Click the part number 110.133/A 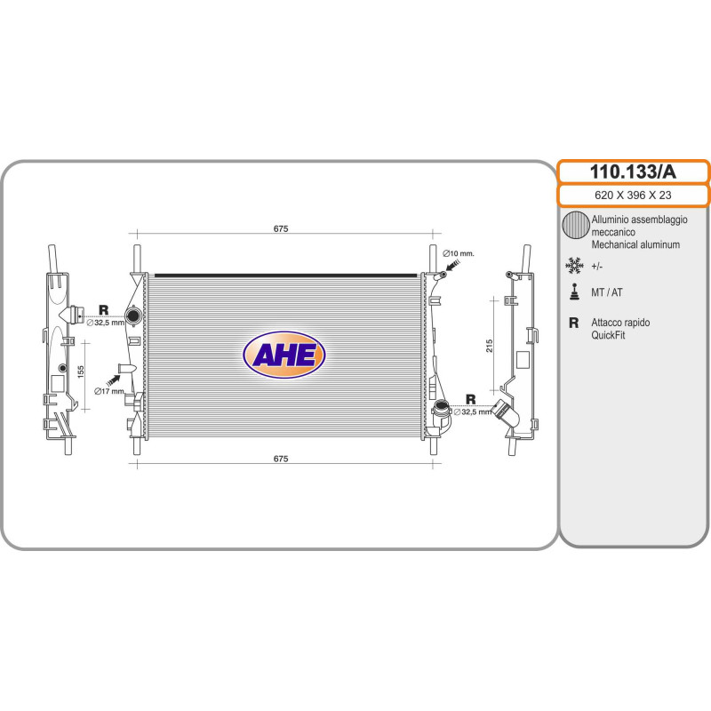633,172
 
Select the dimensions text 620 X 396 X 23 633,195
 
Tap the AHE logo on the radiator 284,355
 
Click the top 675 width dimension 281,228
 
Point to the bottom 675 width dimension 281,459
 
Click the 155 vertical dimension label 81,372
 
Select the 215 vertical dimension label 489,346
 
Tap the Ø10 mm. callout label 458,253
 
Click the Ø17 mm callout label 108,391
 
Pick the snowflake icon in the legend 574,266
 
